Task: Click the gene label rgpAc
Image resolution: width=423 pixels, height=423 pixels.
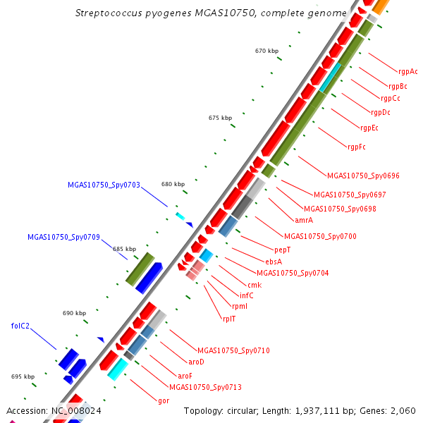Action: pyautogui.click(x=407, y=71)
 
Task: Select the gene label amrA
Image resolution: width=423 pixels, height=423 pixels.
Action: pyautogui.click(x=304, y=220)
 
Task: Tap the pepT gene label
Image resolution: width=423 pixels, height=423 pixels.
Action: pyautogui.click(x=283, y=250)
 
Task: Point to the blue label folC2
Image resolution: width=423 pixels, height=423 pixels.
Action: pyautogui.click(x=20, y=326)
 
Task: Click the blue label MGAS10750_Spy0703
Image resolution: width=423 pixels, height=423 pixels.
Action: pyautogui.click(x=104, y=185)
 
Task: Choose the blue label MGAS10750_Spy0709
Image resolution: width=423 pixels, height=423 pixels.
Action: pyautogui.click(x=63, y=237)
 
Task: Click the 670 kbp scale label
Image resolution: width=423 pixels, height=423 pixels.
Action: pyautogui.click(x=266, y=51)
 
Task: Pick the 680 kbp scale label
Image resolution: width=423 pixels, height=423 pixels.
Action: pyautogui.click(x=173, y=184)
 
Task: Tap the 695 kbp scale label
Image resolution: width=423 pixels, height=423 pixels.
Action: pyautogui.click(x=23, y=376)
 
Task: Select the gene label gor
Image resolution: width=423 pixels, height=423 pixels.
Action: pyautogui.click(x=164, y=401)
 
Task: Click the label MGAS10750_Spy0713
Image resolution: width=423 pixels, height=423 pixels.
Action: pyautogui.click(x=205, y=387)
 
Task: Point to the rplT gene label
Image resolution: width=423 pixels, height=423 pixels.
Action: pyautogui.click(x=229, y=319)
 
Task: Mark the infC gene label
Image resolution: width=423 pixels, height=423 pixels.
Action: pyautogui.click(x=247, y=295)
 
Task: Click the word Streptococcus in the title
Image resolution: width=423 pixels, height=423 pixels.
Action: pyautogui.click(x=109, y=13)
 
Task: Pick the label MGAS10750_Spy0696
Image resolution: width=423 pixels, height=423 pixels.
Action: pyautogui.click(x=363, y=176)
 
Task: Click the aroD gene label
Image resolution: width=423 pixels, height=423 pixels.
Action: pyautogui.click(x=196, y=362)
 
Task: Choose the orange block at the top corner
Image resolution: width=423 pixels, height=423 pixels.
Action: pyautogui.click(x=381, y=6)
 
